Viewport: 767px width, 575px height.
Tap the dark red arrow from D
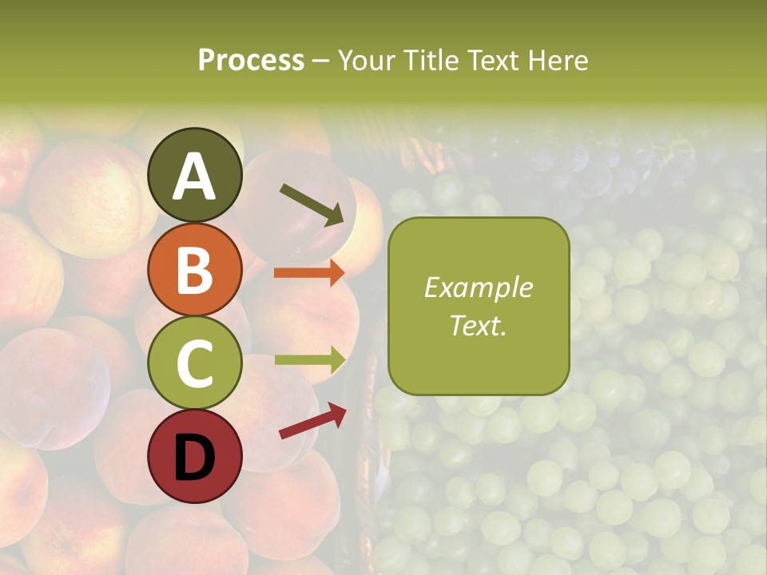(312, 421)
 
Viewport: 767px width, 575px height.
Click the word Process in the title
(251, 60)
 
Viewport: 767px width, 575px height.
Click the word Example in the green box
(479, 287)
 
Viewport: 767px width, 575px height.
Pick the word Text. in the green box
(479, 325)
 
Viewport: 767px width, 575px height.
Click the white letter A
(195, 176)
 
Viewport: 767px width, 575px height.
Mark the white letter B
(195, 269)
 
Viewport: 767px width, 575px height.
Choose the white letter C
(195, 363)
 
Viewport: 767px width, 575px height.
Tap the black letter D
(195, 457)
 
